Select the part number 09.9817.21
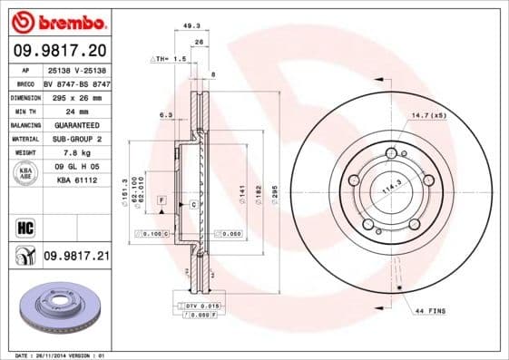point(75,257)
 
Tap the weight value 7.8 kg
point(76,152)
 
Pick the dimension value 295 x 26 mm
point(76,95)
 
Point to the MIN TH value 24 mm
point(76,110)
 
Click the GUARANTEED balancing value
point(76,124)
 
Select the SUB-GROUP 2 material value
point(76,139)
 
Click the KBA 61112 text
point(76,180)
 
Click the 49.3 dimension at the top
point(191,28)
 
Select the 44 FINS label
point(430,312)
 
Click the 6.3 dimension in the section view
point(165,115)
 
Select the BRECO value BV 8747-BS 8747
point(76,82)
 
